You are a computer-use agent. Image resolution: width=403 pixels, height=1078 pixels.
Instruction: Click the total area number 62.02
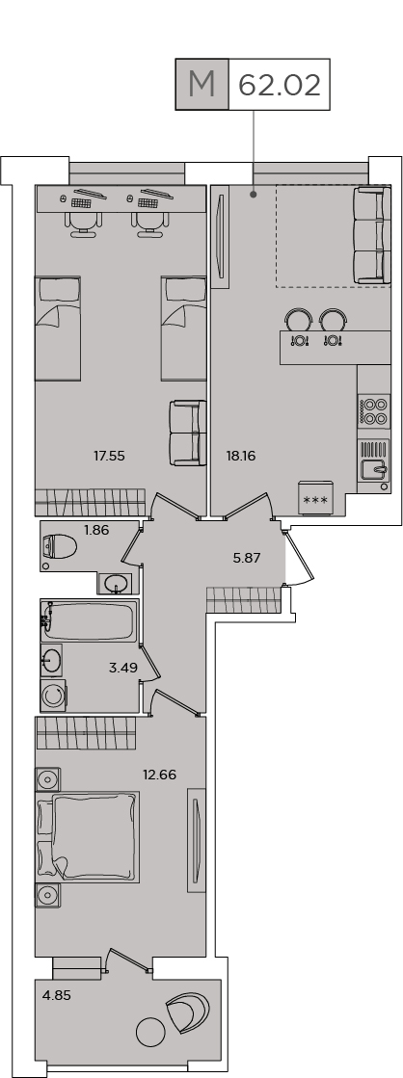click(280, 85)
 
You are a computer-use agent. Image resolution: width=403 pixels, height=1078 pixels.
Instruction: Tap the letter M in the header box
click(201, 85)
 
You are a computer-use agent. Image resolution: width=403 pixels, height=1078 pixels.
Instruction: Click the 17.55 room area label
click(109, 455)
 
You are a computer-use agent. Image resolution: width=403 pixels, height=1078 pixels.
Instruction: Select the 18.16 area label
click(241, 455)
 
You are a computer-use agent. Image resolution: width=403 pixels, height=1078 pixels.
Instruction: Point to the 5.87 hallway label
click(247, 558)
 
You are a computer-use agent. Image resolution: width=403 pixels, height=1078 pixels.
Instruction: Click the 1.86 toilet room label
click(97, 530)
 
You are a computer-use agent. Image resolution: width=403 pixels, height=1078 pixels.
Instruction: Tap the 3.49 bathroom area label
click(122, 667)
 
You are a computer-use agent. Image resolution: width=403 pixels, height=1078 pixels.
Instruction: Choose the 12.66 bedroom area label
click(159, 775)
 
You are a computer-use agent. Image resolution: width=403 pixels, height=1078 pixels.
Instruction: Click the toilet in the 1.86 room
click(59, 547)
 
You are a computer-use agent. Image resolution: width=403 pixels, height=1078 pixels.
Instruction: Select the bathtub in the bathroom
click(89, 620)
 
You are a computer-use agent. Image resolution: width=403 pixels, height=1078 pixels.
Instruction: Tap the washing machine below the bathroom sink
click(53, 696)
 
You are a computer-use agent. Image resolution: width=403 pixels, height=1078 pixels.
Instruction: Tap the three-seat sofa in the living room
click(367, 234)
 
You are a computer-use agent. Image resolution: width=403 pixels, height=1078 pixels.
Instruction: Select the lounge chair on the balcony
click(186, 1008)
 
